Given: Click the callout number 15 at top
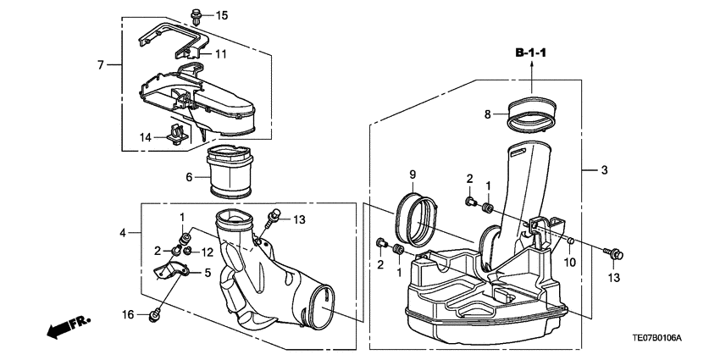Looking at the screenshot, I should pyautogui.click(x=221, y=16).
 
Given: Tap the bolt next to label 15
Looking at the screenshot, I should pyautogui.click(x=197, y=14).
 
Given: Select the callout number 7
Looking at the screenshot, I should pyautogui.click(x=100, y=65).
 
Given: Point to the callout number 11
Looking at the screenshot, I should pyautogui.click(x=220, y=54).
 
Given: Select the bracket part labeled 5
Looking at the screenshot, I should pyautogui.click(x=169, y=271).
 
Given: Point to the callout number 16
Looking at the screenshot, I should pyautogui.click(x=127, y=314).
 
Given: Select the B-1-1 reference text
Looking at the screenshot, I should pyautogui.click(x=532, y=54).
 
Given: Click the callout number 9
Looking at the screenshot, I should pyautogui.click(x=413, y=175).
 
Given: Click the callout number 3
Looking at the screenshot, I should pyautogui.click(x=605, y=170).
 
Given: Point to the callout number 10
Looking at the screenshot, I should pyautogui.click(x=568, y=262).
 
